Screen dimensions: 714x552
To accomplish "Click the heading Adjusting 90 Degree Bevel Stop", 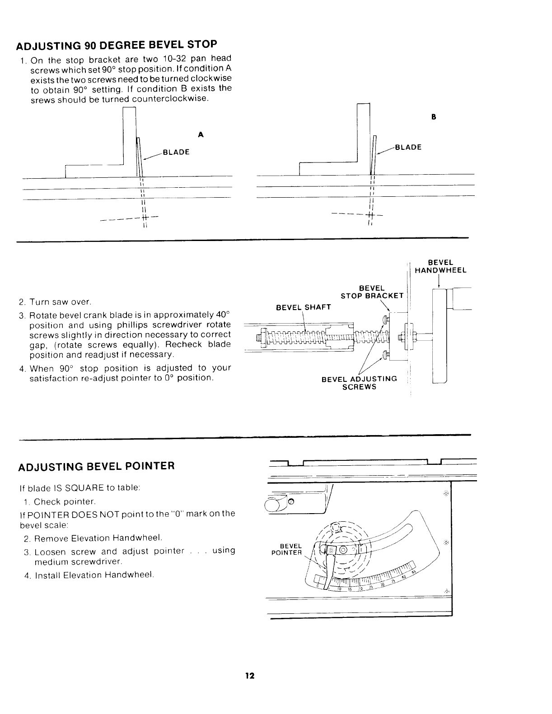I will pos(117,46).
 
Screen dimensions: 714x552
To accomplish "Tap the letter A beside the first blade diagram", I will pos(201,134).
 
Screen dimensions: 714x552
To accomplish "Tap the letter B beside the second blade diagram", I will pos(433,116).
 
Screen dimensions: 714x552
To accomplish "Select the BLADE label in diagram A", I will pos(176,152).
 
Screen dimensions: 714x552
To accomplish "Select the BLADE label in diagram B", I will pos(408,147).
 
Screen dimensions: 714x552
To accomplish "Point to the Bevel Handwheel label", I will pos(440,266).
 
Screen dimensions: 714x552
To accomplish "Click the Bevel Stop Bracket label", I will pos(372,292).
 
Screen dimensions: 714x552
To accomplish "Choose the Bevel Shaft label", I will pos(303,307).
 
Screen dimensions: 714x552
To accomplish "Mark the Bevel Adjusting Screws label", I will pos(359,383).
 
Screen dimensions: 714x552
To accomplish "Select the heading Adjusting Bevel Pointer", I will pos(96,466).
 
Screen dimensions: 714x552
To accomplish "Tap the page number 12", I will pos(250,676).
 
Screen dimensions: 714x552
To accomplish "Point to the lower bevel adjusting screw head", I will pos(384,355).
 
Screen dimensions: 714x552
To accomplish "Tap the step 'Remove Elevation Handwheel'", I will pos(98,538).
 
